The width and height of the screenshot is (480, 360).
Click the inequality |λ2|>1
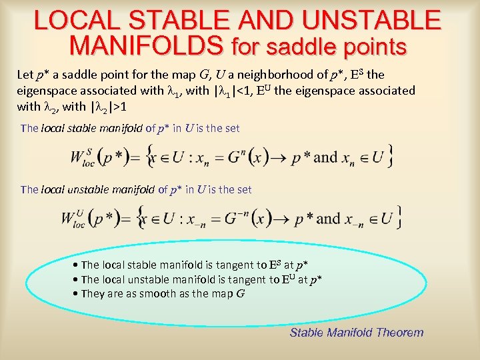[x=104, y=106]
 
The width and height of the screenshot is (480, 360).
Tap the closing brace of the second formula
[x=398, y=217]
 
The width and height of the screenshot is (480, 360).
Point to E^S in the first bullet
[x=273, y=265]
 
